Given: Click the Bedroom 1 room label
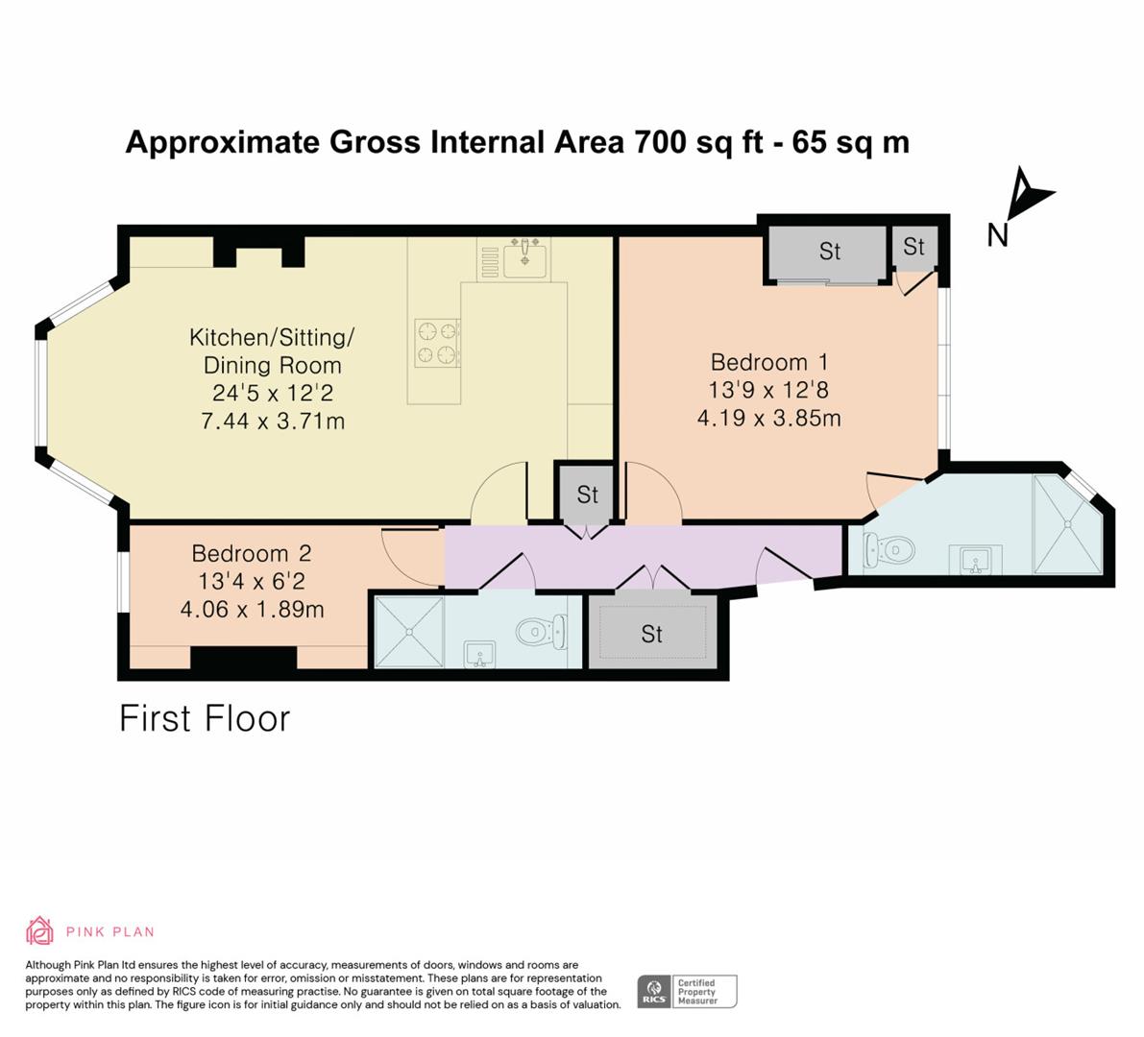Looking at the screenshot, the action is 769,362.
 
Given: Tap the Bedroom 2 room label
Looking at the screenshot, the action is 252,553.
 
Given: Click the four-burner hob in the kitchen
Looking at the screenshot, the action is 437,343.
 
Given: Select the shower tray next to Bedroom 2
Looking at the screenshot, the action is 408,632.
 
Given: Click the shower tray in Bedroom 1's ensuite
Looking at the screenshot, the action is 1067,523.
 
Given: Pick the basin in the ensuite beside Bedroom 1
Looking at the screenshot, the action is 976,560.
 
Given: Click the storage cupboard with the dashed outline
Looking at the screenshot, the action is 652,633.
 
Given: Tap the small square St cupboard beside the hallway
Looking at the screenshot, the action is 587,494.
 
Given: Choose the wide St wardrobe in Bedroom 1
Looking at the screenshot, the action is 829,253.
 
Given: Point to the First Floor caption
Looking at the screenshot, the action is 205,718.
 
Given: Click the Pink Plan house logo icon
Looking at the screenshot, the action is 39,930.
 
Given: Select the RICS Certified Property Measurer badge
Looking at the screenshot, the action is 688,992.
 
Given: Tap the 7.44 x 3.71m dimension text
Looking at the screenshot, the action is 273,421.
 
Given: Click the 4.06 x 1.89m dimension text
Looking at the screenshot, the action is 252,609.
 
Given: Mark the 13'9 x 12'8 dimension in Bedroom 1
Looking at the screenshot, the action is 769,390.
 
